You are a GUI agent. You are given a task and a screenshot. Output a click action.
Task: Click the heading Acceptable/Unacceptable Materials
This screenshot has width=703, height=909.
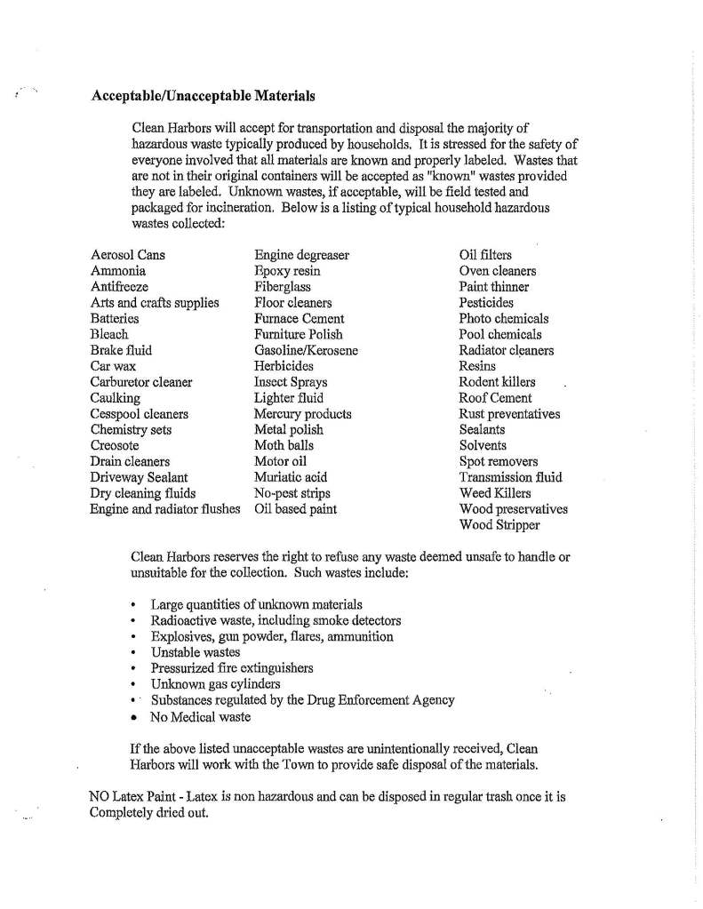pos(203,95)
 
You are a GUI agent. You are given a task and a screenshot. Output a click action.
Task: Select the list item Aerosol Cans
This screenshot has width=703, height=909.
pos(127,255)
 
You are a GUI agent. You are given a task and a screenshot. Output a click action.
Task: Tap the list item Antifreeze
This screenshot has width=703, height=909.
pos(119,287)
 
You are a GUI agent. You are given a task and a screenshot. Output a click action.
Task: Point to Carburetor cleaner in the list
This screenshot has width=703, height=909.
pos(141,382)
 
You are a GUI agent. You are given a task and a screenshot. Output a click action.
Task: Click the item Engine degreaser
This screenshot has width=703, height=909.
pos(301,255)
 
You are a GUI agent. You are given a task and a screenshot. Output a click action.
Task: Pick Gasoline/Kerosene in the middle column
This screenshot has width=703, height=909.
pos(306,350)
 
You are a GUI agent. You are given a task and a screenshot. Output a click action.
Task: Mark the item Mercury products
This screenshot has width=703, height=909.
pos(302,414)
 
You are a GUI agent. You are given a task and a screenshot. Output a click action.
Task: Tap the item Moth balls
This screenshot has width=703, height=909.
pos(284,446)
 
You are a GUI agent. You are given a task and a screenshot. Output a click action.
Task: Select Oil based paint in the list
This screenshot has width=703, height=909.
pos(295,509)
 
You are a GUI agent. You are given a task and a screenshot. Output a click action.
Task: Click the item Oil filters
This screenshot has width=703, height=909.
pos(485,255)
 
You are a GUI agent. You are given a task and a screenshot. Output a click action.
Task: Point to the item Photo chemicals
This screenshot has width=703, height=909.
pos(504,318)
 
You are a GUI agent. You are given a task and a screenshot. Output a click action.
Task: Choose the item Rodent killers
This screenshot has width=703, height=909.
pos(497,382)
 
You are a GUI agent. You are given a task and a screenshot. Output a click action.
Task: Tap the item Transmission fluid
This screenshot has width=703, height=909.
pos(510,477)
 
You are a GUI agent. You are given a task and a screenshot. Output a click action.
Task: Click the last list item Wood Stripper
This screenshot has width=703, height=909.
pos(499,525)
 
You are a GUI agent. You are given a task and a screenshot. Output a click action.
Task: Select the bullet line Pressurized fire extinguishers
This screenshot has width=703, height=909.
pos(231,668)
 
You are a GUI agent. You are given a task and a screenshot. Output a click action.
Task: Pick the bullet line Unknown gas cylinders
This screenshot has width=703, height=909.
pos(215,684)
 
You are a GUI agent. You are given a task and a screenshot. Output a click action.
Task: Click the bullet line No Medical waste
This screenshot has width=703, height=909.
pos(200,716)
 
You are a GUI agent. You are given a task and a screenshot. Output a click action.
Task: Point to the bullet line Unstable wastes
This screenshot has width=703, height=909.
pos(196,652)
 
